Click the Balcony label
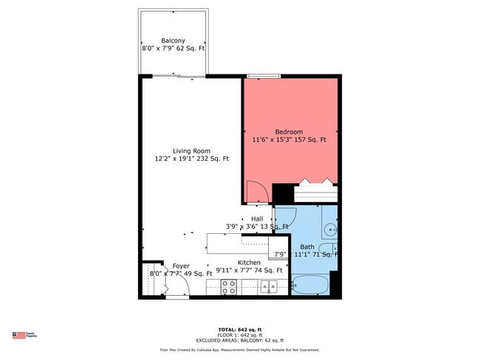(x=173, y=41)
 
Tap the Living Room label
(x=192, y=150)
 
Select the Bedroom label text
(x=289, y=132)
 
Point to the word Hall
(x=257, y=219)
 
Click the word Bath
(x=307, y=246)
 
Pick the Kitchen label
(x=249, y=263)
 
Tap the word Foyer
(x=181, y=266)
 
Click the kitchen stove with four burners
(x=229, y=287)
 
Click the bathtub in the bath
(x=309, y=285)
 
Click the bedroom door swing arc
(x=256, y=193)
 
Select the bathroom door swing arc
(x=284, y=218)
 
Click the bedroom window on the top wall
(x=264, y=75)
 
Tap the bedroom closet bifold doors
(x=316, y=181)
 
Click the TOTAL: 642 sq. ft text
(x=240, y=328)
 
